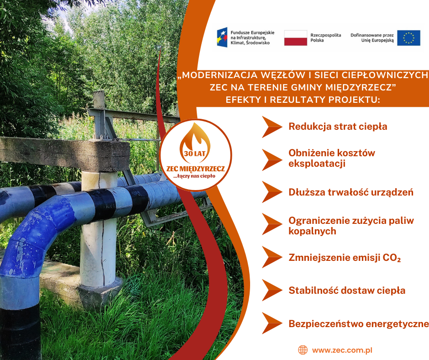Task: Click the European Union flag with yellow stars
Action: coord(408,38)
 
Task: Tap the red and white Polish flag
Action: coord(295,38)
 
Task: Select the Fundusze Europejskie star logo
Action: coord(222,37)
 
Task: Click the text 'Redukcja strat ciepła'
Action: coord(338,127)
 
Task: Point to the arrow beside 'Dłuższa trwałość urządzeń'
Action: coord(272,192)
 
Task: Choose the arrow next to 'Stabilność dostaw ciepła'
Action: coord(272,290)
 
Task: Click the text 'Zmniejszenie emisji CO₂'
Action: coord(345,258)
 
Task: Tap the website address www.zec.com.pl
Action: coord(342,350)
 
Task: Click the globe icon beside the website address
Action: coord(303,350)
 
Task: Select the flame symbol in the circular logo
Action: coord(195,143)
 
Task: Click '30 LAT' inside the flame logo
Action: coord(194,154)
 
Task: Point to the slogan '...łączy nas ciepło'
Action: coord(194,176)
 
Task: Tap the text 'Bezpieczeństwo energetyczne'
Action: coord(359,324)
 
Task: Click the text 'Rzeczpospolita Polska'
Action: coord(325,38)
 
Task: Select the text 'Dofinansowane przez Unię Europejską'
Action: coord(372,38)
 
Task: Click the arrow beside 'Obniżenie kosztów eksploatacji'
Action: coord(272,160)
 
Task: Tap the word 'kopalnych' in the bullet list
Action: coord(312,231)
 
